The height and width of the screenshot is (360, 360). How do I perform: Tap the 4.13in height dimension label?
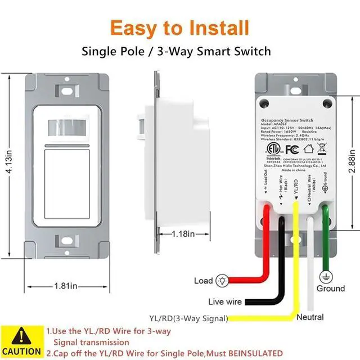pos(7,159)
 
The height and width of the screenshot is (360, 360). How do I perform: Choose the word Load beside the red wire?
pos(204,280)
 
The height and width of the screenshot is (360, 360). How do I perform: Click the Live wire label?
pos(225,301)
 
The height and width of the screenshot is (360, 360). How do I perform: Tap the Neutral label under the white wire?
pos(310,317)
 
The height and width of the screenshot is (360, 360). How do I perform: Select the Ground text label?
pos(331,289)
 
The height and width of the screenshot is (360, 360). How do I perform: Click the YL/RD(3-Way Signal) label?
pos(188,318)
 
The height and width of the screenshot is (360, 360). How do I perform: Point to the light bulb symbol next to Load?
pos(222,280)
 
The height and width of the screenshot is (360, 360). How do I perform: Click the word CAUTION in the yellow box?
pos(21,352)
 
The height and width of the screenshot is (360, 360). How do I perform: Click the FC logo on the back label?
pos(291,150)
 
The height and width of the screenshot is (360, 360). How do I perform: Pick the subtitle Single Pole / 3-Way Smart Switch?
pos(176,51)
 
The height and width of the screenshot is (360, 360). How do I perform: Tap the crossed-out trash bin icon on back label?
pos(323,150)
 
